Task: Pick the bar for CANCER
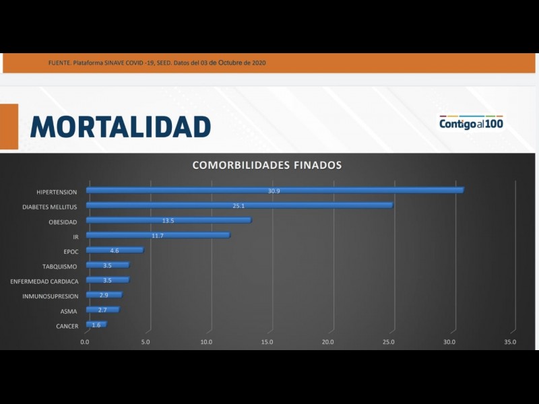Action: [96, 325]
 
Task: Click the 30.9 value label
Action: [274, 191]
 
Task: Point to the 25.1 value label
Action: [239, 206]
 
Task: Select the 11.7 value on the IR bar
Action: [158, 236]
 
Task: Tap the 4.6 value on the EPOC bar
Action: [115, 250]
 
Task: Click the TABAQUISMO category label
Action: [60, 267]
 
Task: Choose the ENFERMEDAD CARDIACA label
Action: [44, 281]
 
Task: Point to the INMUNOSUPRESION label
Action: [51, 296]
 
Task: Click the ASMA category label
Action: [69, 311]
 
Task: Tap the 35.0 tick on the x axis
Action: [510, 342]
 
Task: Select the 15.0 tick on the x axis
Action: [267, 342]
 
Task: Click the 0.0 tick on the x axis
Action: [85, 342]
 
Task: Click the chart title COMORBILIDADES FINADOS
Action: [267, 165]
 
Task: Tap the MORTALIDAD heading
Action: [121, 127]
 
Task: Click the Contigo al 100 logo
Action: [471, 123]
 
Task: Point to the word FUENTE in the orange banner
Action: [59, 63]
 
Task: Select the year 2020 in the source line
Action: [259, 63]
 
